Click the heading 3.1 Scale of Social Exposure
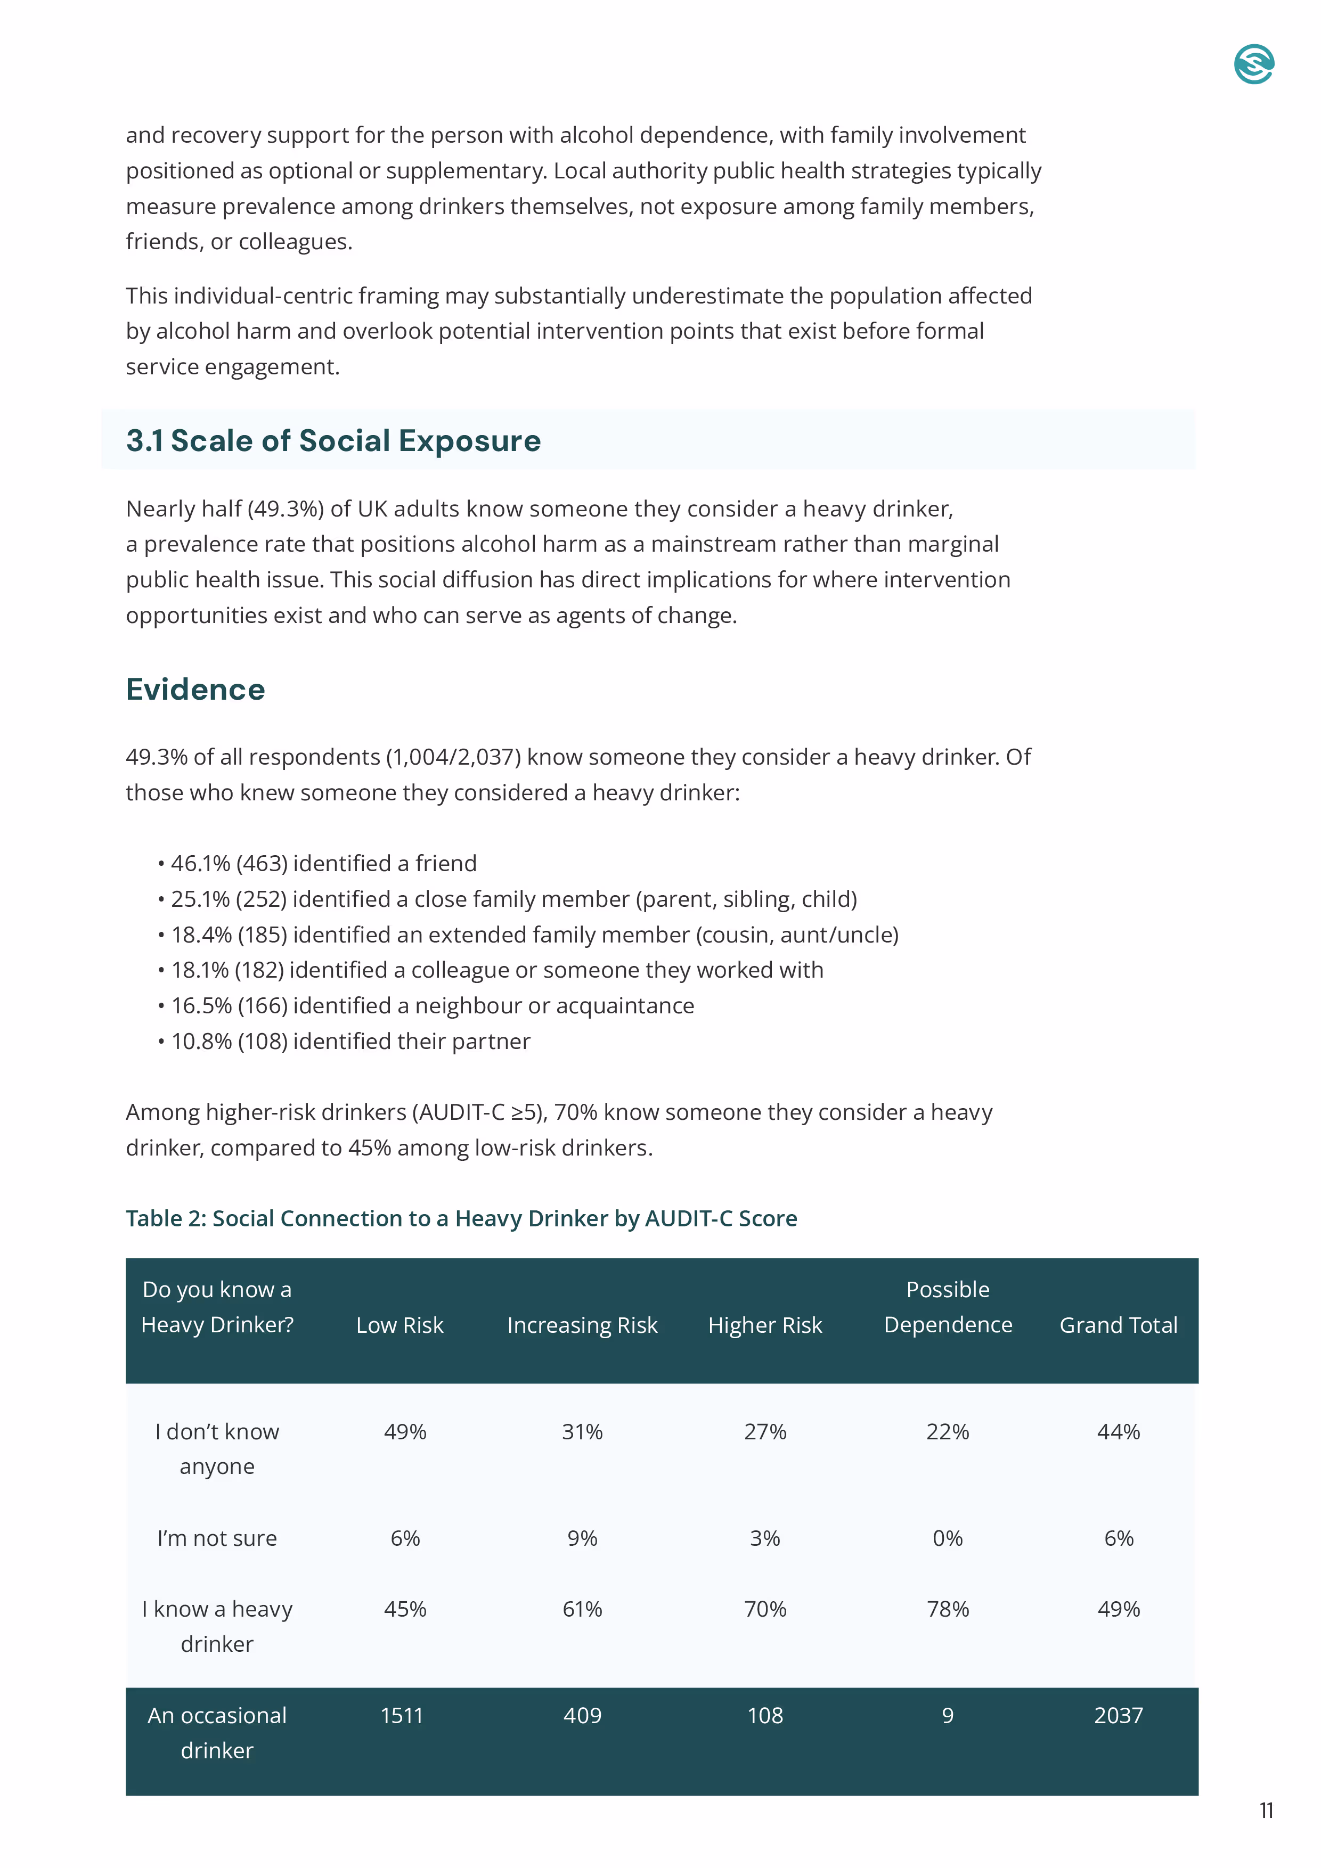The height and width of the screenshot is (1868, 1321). [333, 440]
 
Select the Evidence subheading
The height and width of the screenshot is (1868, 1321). [195, 689]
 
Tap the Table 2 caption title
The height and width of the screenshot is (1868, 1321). [461, 1218]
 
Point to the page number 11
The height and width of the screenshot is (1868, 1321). [1266, 1810]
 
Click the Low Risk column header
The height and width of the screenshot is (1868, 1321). [399, 1324]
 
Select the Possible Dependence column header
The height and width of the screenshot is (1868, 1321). [948, 1307]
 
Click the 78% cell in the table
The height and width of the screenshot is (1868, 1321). [948, 1609]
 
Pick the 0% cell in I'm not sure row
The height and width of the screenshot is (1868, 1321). [948, 1538]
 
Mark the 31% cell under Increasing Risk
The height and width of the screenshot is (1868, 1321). [582, 1431]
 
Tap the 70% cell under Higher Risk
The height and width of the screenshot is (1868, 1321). [764, 1609]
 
